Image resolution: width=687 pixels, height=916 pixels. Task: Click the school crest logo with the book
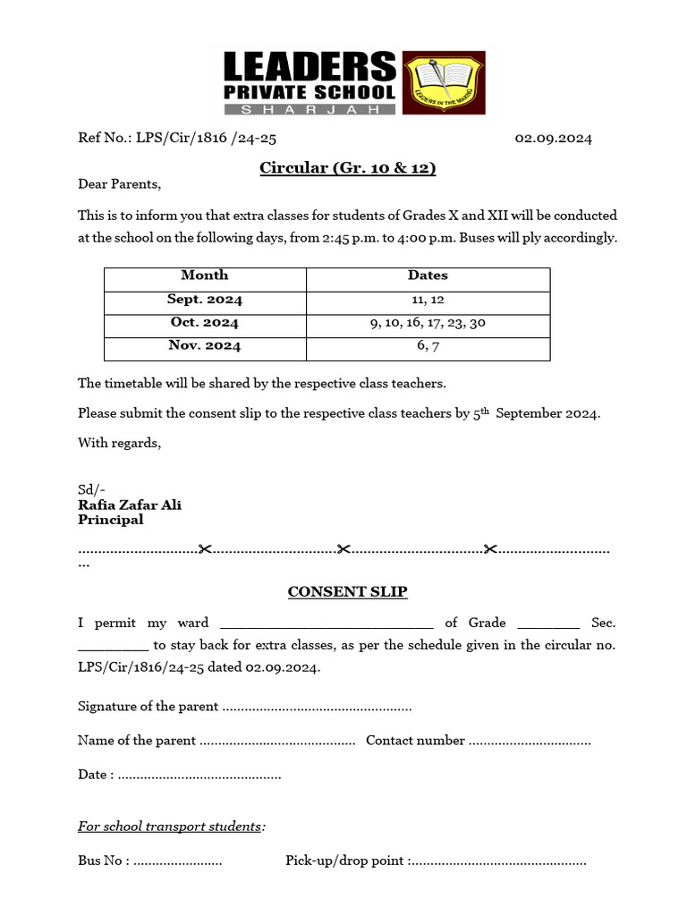(x=444, y=82)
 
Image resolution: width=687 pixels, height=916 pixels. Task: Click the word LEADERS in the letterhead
(x=309, y=67)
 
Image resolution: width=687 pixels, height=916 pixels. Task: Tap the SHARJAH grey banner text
(x=309, y=108)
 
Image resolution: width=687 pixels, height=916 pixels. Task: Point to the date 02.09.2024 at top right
(x=553, y=139)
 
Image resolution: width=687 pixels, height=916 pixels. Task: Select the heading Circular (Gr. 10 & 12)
(x=347, y=167)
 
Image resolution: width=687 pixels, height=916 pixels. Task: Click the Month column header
(x=205, y=276)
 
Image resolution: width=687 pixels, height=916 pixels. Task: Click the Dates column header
(x=428, y=276)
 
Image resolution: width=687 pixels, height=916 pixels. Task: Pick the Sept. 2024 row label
(x=205, y=300)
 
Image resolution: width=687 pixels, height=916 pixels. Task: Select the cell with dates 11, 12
(x=428, y=300)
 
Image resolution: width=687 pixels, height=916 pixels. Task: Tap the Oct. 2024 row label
(x=205, y=323)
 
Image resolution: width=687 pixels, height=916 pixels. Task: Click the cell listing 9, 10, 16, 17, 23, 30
(x=428, y=323)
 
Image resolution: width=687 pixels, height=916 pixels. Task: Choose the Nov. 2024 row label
(x=205, y=346)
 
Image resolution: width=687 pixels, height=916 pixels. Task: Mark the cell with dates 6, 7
(x=428, y=346)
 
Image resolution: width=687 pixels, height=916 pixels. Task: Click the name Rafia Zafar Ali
(x=130, y=505)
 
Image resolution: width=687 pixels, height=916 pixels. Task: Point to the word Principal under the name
(x=110, y=520)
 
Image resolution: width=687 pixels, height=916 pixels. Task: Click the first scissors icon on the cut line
(x=205, y=548)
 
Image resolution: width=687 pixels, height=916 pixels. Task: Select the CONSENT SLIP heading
(x=347, y=591)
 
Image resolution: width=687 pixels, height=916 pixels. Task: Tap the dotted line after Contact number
(x=530, y=742)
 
